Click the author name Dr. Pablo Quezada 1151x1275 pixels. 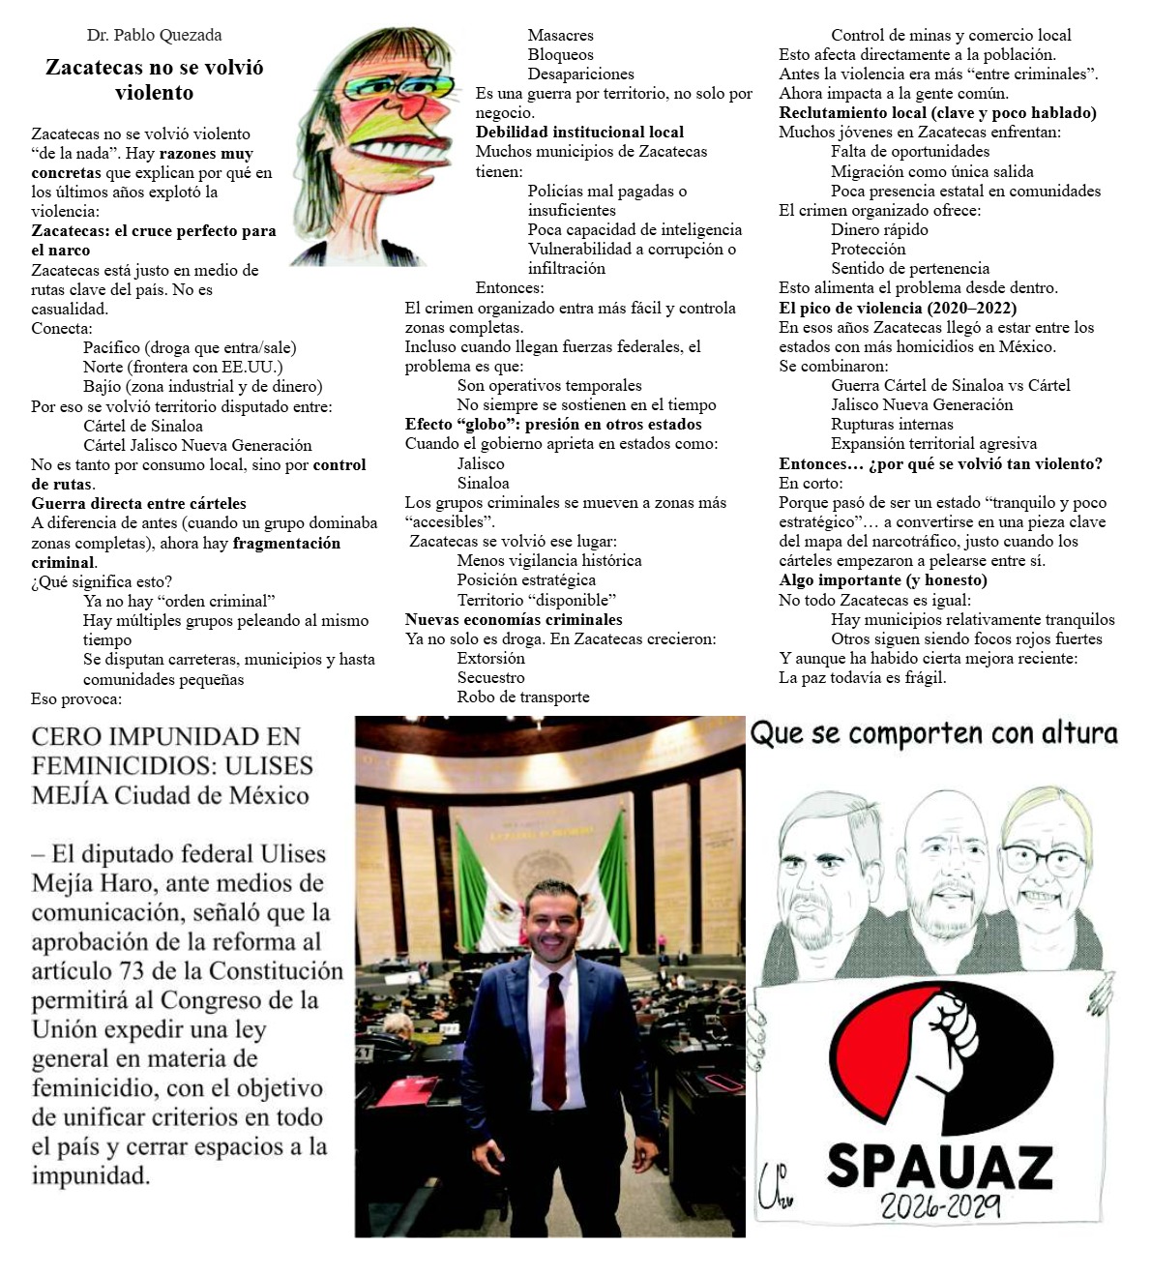pos(154,35)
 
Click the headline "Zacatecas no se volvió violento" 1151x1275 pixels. pos(154,79)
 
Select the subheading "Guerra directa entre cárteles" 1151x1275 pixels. pos(138,503)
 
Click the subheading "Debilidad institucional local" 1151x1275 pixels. pos(579,132)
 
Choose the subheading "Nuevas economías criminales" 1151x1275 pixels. pos(513,619)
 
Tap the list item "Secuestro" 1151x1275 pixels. pos(490,677)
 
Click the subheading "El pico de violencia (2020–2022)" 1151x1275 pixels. pos(898,308)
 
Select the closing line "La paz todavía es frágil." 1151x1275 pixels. pos(862,677)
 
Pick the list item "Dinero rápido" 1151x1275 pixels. pos(878,229)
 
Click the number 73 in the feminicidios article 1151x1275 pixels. pos(133,970)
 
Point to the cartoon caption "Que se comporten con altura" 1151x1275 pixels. pos(933,733)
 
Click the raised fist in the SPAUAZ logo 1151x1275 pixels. pos(948,1040)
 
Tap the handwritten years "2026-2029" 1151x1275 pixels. pos(939,1205)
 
